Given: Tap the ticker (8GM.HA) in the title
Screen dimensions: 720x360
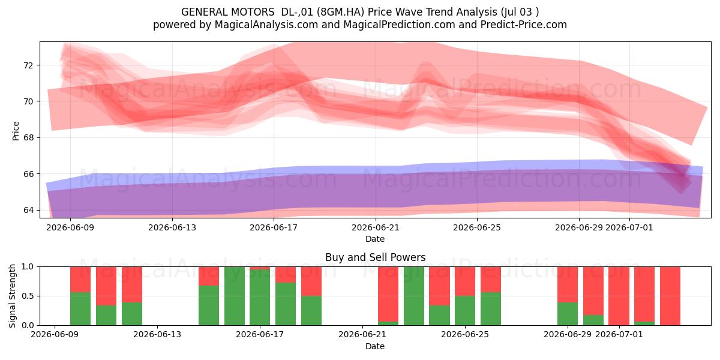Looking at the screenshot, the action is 340,12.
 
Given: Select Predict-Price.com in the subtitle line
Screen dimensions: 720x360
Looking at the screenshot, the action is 524,25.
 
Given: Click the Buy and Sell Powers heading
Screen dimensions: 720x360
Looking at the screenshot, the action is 375,257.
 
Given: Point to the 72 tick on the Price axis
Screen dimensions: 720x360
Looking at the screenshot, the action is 28,65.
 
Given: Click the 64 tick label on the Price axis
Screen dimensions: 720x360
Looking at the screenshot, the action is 28,210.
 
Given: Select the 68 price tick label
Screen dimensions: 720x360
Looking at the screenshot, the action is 28,137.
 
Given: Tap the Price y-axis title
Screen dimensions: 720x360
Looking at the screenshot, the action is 16,131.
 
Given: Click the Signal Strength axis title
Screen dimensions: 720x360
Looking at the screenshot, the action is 12,296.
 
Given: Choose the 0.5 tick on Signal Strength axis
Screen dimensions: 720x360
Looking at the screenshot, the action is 27,296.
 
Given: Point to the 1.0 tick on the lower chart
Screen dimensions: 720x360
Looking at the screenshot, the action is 27,266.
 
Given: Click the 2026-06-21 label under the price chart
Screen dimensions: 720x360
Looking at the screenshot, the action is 376,227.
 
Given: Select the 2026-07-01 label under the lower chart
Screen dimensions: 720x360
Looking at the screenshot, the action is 619,335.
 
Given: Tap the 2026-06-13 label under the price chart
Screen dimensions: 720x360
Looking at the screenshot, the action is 172,227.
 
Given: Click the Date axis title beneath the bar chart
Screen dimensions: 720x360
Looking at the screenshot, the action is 375,346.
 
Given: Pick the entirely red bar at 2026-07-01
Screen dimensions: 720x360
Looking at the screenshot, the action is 619,296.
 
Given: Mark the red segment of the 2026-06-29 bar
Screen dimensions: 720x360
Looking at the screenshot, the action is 568,284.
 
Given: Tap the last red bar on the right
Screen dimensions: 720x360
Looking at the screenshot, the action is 670,296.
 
